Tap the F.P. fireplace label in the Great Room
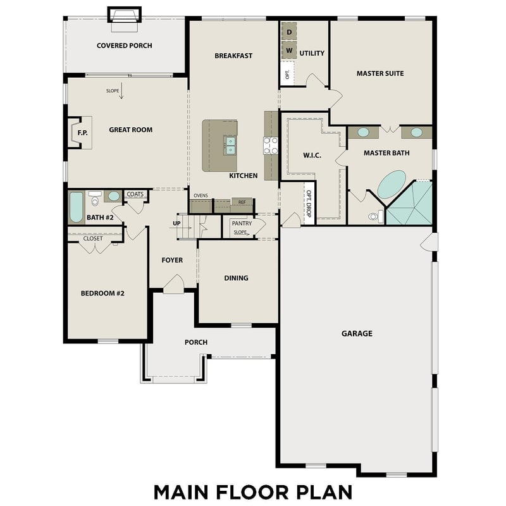click(x=82, y=133)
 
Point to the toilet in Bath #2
click(x=96, y=199)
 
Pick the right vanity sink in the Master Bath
click(x=417, y=133)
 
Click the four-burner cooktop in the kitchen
click(x=271, y=146)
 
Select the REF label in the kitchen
click(x=242, y=202)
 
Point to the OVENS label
click(x=201, y=195)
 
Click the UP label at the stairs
click(x=178, y=223)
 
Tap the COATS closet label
click(x=135, y=194)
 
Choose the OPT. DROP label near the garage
click(x=309, y=204)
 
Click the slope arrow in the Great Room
click(x=122, y=94)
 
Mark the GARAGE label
click(x=357, y=333)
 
